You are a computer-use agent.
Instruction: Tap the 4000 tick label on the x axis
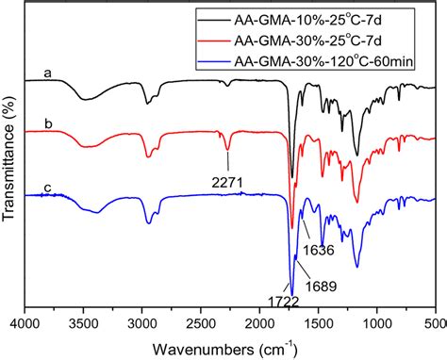point(25,321)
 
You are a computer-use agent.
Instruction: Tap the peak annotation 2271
point(227,173)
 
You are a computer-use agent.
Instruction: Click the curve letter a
point(45,72)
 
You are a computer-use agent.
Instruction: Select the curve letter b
point(45,122)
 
